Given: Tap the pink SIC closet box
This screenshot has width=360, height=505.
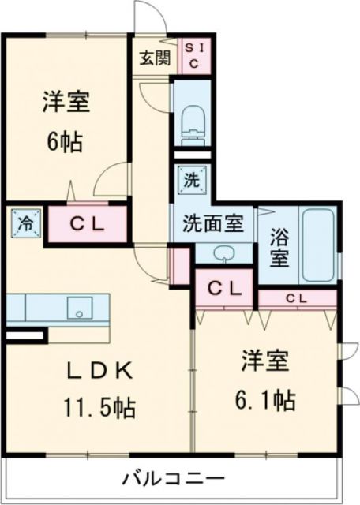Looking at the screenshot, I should (195, 56).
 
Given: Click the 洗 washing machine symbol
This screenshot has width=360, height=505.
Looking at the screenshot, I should (192, 179).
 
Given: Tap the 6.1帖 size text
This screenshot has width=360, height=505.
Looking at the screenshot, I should (264, 400).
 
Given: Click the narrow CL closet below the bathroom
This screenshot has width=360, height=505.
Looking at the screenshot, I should (297, 298).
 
